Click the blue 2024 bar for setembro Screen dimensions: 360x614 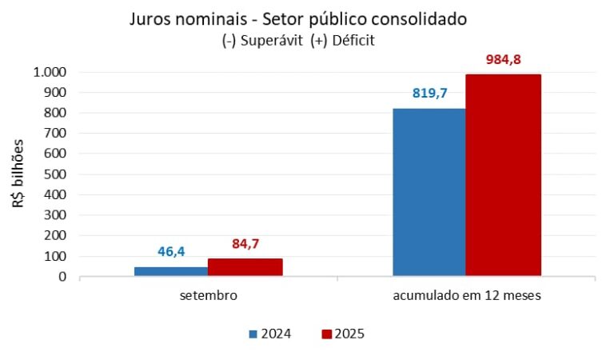click(x=170, y=271)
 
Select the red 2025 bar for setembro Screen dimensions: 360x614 click(x=245, y=267)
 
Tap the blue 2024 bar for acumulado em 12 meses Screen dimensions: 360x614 click(x=429, y=192)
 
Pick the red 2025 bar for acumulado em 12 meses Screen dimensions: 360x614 click(x=503, y=175)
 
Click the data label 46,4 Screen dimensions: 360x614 click(x=171, y=252)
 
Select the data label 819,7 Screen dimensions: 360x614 click(x=429, y=94)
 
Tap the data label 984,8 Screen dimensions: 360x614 click(x=504, y=59)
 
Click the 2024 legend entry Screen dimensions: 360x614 click(x=269, y=334)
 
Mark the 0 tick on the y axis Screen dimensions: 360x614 click(x=62, y=277)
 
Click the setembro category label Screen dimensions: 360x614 click(x=208, y=295)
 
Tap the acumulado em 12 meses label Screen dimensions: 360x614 click(x=467, y=295)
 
